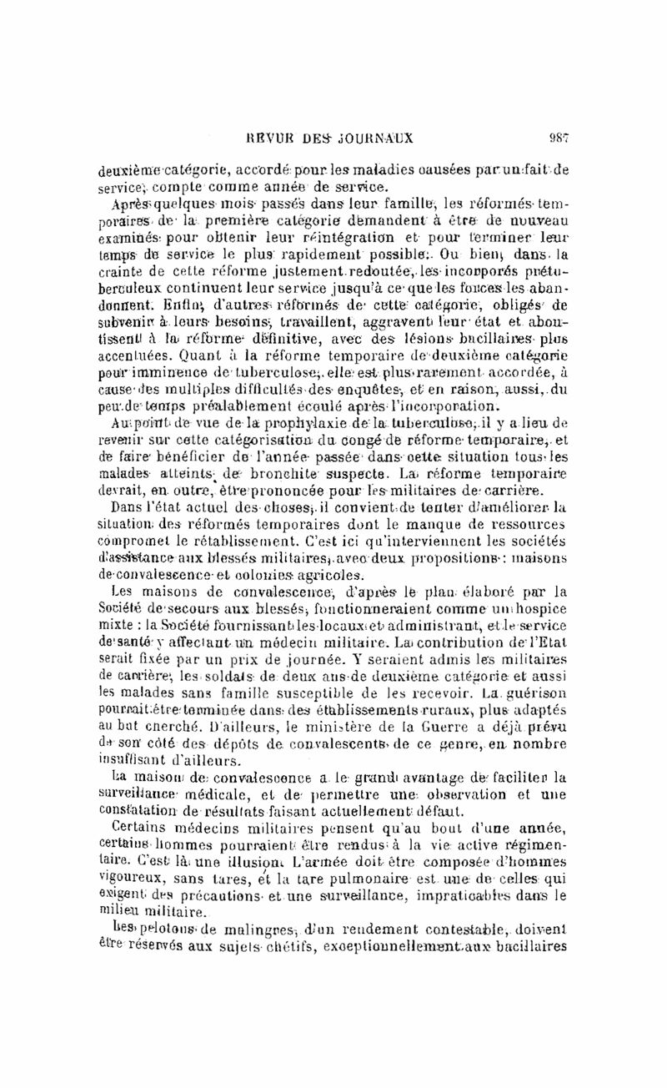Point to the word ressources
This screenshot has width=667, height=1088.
(527, 523)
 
